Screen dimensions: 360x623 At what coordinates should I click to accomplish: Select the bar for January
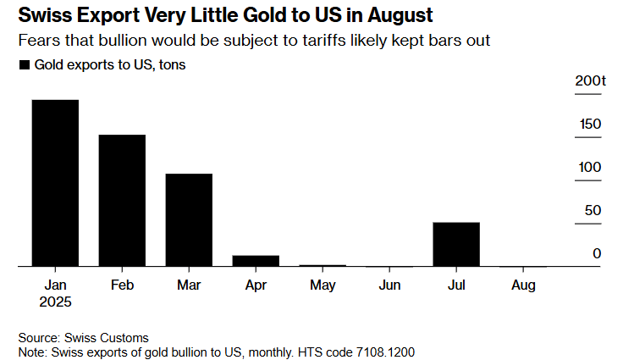pos(55,183)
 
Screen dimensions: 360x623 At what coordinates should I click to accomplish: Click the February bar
pos(122,201)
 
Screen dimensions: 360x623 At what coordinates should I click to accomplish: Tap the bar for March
pos(189,220)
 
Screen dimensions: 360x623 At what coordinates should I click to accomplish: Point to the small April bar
pos(256,261)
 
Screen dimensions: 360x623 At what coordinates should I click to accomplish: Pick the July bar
pos(456,244)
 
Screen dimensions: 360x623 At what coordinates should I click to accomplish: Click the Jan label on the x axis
pos(55,285)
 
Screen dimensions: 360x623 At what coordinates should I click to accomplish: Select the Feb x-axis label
pos(122,285)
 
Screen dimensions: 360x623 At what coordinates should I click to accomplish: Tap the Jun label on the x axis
pos(389,285)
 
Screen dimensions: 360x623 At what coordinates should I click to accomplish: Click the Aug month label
pos(523,285)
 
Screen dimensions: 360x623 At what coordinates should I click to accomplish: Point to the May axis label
pos(323,285)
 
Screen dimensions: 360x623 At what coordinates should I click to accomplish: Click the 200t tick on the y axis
pos(591,81)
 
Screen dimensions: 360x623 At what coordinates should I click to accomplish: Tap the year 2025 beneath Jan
pos(55,302)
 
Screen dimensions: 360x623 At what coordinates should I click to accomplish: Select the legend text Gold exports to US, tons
pos(109,65)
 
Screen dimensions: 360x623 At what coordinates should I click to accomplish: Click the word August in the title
pos(395,15)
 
